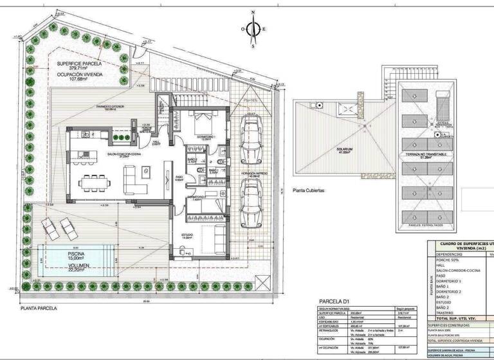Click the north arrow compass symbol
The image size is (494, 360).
(x=253, y=28)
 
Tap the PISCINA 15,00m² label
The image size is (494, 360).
(x=69, y=254)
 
